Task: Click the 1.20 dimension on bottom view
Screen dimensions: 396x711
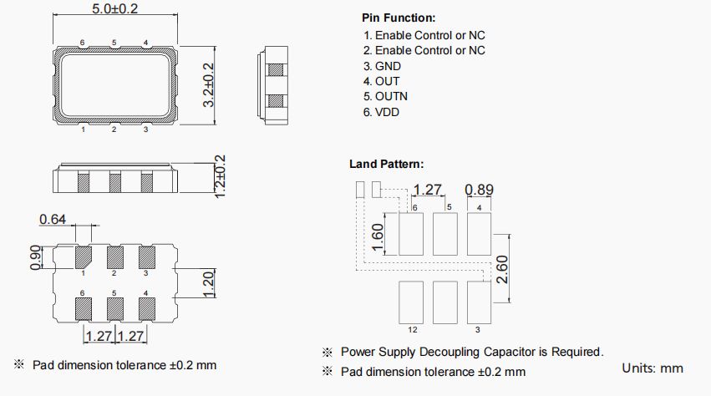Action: coord(209,284)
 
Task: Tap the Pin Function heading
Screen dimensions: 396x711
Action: coord(399,18)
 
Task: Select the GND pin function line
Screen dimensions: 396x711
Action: coord(383,66)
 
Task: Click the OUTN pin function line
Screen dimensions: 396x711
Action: coord(386,96)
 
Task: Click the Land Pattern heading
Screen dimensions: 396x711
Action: coord(386,164)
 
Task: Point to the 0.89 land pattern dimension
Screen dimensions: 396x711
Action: coord(480,190)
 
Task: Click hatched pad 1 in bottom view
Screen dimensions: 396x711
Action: coord(84,256)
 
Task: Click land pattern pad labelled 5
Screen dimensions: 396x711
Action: coord(445,235)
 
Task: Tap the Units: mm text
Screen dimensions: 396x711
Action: coord(653,368)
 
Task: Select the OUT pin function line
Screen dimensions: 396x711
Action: coord(382,81)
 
